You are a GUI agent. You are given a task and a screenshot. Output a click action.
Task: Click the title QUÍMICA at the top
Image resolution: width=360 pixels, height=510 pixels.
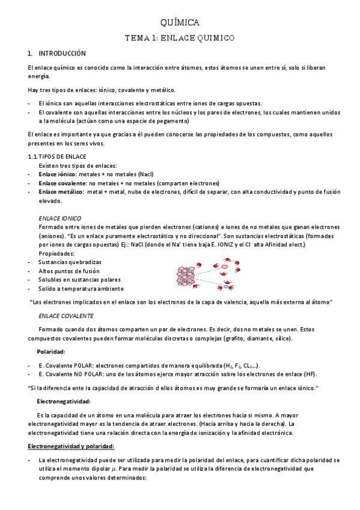(180, 23)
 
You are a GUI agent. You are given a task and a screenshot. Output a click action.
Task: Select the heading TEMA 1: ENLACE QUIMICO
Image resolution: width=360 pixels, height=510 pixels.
(180, 37)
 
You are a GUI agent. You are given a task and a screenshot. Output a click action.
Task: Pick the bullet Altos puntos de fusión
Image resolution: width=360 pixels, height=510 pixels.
(70, 271)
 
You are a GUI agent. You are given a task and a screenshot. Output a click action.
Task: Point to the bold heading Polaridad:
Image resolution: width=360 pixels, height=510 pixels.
(51, 351)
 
